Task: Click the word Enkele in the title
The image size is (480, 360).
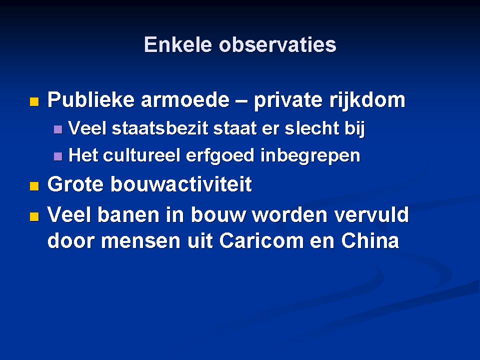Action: click(178, 44)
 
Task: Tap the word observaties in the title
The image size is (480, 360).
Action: click(277, 44)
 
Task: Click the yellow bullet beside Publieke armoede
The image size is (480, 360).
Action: click(34, 101)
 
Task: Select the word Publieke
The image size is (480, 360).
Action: click(91, 100)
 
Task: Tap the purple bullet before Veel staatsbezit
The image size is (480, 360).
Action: click(58, 129)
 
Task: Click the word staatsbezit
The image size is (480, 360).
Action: click(160, 128)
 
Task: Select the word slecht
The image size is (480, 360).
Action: click(312, 128)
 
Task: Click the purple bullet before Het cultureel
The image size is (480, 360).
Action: click(58, 156)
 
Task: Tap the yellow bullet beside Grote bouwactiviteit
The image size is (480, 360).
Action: click(34, 186)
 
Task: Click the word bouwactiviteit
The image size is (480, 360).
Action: click(181, 184)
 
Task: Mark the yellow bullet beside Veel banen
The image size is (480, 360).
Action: click(34, 216)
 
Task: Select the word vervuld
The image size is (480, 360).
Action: click(371, 214)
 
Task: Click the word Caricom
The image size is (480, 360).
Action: click(261, 240)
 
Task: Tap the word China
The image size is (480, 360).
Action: click(370, 240)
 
